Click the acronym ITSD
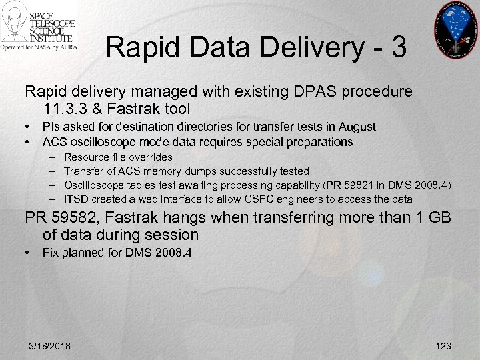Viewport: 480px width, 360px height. pos(75,199)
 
